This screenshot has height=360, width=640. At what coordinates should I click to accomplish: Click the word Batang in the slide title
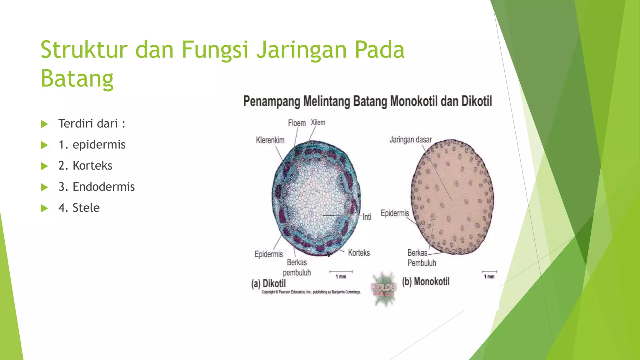click(77, 79)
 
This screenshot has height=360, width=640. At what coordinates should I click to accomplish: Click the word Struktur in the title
click(84, 50)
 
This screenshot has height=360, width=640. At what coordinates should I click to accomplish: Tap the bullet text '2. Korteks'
click(85, 166)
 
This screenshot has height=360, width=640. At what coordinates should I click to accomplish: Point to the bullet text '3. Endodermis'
click(96, 187)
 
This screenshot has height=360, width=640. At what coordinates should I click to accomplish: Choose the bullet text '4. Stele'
click(79, 208)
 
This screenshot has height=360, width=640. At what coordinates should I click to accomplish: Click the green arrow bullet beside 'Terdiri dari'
click(45, 124)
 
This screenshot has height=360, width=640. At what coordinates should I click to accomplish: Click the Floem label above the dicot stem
click(297, 123)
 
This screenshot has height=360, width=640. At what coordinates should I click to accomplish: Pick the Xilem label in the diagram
click(318, 122)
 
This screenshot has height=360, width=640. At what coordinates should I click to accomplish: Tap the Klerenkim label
click(270, 140)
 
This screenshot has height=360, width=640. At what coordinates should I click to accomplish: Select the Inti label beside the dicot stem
click(367, 217)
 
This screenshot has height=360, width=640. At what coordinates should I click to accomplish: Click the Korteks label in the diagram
click(359, 252)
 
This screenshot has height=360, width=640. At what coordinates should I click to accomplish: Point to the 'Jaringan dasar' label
click(410, 139)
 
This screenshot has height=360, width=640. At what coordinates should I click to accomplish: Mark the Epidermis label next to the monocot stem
click(395, 213)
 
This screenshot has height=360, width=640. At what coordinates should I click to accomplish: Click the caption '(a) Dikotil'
click(268, 283)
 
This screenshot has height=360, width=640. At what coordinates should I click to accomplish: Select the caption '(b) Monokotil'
click(426, 282)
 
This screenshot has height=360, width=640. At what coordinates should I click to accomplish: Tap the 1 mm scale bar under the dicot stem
click(341, 272)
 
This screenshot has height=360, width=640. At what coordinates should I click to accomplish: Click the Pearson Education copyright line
click(311, 292)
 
